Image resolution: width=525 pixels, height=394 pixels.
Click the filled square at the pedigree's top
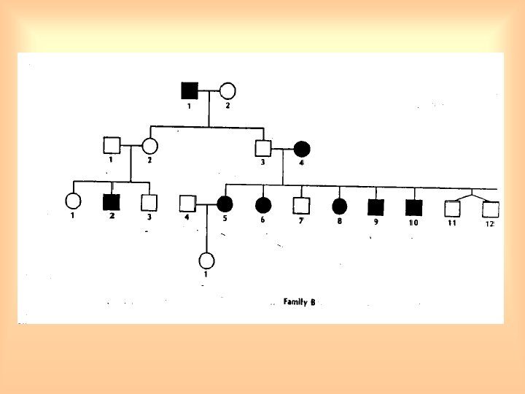[x=190, y=90]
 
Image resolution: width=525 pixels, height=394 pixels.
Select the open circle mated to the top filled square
[x=227, y=91]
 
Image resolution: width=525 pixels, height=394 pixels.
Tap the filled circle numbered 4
[x=302, y=149]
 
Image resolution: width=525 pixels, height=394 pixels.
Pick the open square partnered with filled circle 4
[x=263, y=148]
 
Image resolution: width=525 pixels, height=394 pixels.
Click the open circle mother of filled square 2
[x=150, y=146]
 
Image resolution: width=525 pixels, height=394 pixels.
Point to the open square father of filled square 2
[x=112, y=145]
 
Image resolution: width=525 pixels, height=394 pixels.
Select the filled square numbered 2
[x=112, y=201]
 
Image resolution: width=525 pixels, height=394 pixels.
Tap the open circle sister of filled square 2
[x=73, y=201]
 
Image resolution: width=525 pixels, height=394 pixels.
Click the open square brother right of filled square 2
[x=149, y=202]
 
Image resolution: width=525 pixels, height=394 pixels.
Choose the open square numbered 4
[x=187, y=204]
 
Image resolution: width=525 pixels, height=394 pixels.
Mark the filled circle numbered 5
[x=225, y=204]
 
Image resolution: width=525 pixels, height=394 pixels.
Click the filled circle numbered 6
[x=263, y=205]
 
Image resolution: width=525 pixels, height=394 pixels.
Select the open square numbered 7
[x=300, y=206]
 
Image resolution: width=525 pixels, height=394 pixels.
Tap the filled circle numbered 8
[x=338, y=206]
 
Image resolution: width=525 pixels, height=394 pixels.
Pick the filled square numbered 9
[x=376, y=206]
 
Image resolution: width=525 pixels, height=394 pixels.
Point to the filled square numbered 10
[x=413, y=207]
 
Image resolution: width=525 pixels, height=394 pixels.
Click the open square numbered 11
[x=452, y=208]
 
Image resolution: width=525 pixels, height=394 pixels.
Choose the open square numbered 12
[x=489, y=209]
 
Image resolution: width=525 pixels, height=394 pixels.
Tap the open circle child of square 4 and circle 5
[x=206, y=260]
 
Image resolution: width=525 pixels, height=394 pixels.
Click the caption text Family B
[x=299, y=302]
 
